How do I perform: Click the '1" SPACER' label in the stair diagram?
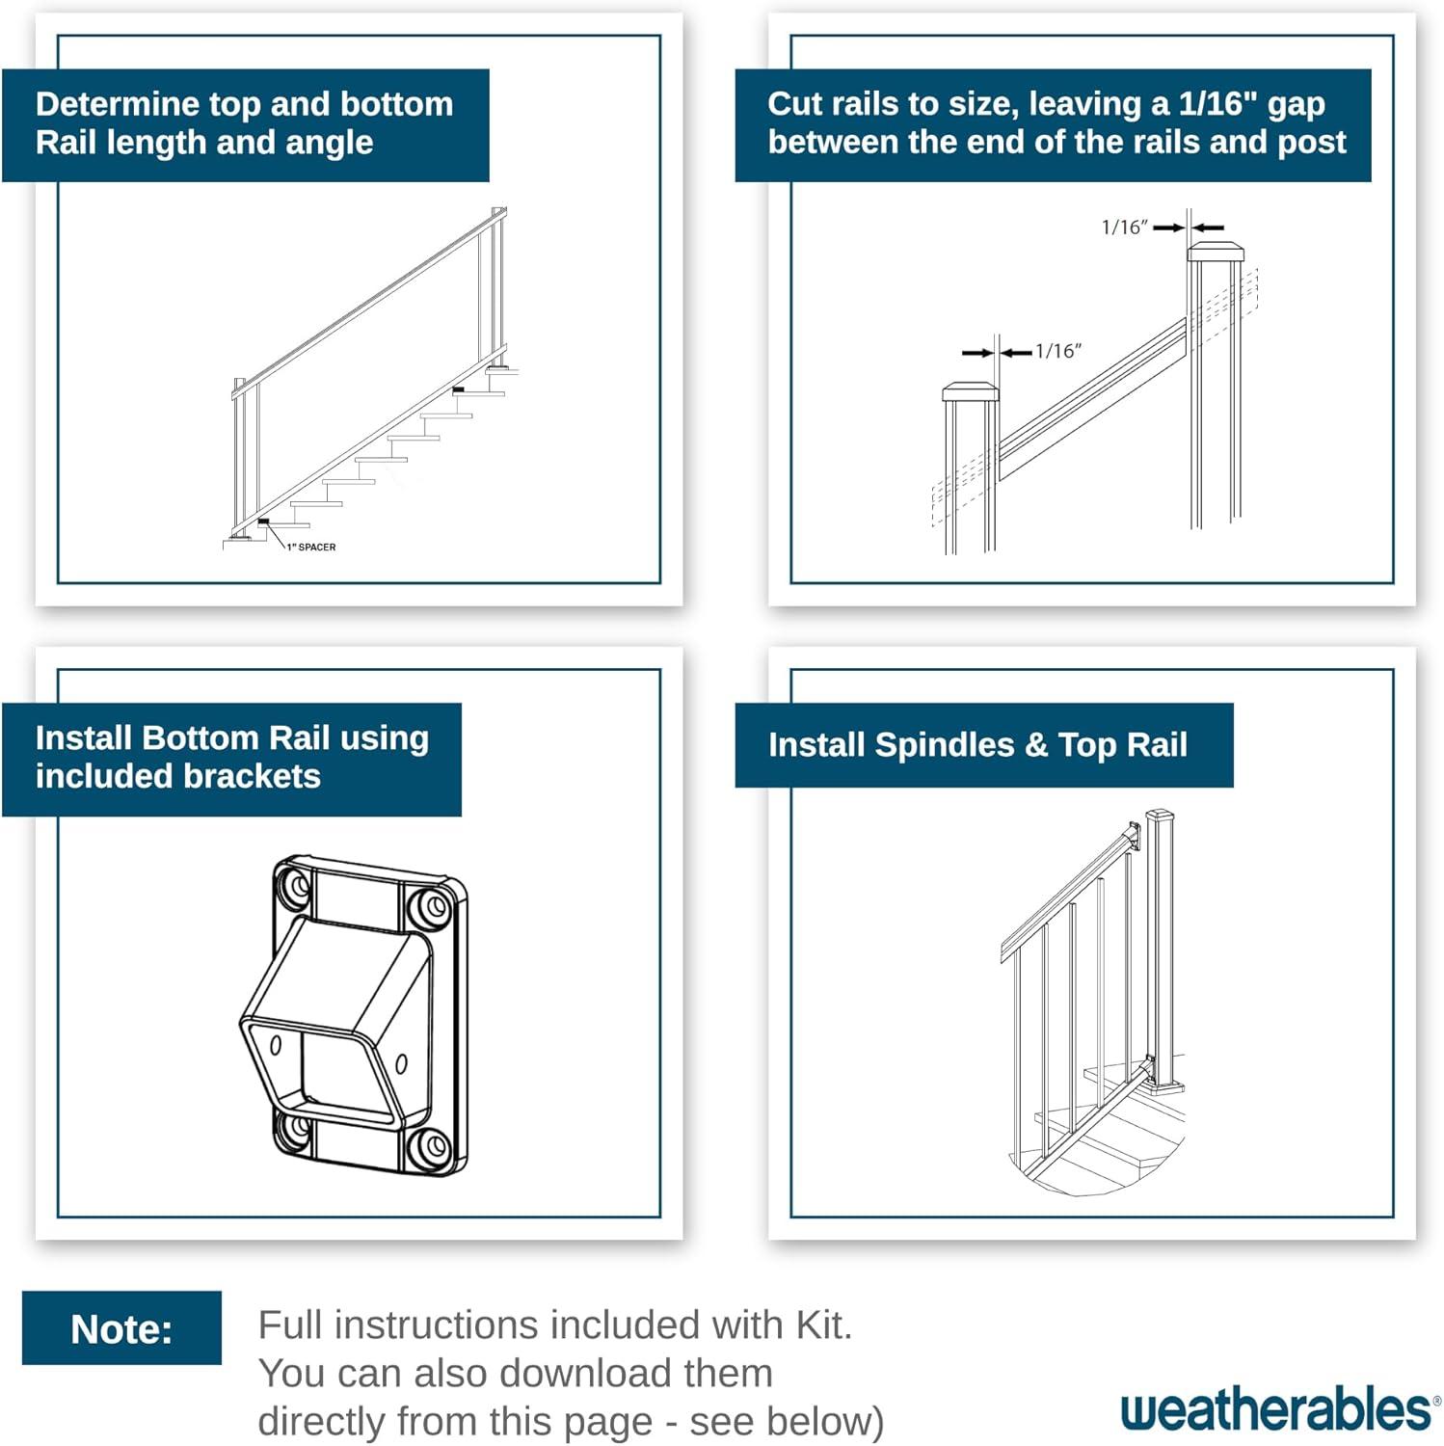311,547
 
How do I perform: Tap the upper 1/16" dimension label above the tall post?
1124,228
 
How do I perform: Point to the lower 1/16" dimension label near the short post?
1058,351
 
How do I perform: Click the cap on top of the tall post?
1215,253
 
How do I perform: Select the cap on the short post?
970,391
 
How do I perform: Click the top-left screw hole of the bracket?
293,885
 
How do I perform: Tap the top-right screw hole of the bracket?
431,906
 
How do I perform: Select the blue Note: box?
121,1328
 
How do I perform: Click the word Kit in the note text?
821,1325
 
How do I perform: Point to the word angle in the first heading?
329,143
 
